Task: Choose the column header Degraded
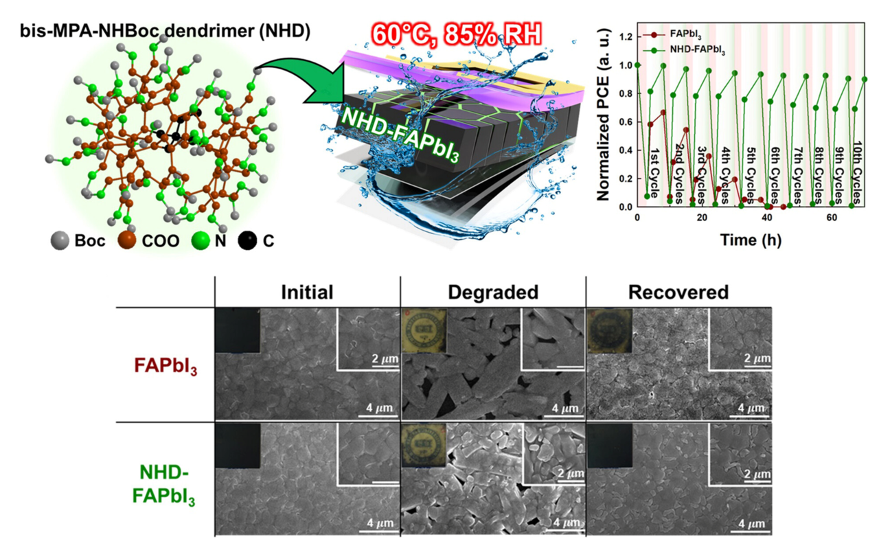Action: [493, 292]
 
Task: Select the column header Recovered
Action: [678, 292]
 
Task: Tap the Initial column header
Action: [307, 292]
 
